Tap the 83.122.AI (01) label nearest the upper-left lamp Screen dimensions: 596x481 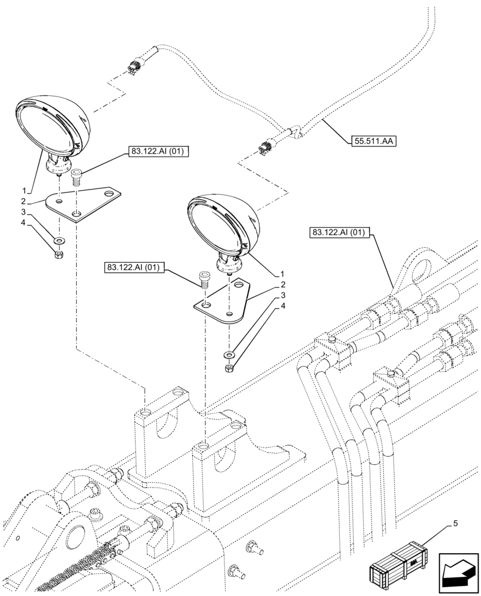(x=157, y=153)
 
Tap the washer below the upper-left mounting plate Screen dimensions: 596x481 (x=60, y=241)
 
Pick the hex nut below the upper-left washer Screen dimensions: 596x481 (x=59, y=255)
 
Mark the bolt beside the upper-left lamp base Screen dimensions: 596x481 (x=76, y=176)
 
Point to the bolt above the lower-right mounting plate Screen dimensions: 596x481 (x=204, y=279)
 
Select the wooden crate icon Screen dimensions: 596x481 (x=398, y=564)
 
